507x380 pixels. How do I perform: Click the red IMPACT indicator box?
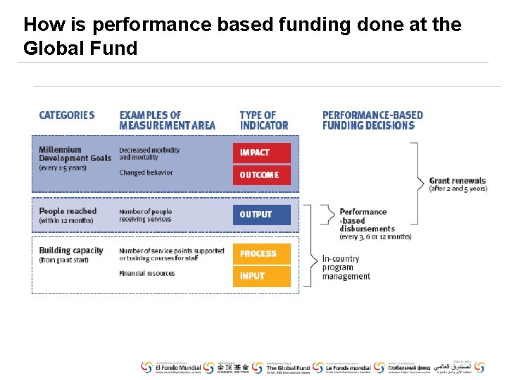261,153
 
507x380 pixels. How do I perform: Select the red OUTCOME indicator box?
261,175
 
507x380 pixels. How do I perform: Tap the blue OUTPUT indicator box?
261,215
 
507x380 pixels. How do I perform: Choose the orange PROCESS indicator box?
261,254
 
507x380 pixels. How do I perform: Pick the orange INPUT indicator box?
261,276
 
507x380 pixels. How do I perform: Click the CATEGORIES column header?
67,115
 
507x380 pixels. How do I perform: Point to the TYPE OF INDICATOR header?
264,120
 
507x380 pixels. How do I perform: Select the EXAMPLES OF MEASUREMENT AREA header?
167,120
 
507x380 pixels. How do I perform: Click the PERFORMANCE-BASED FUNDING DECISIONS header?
373,120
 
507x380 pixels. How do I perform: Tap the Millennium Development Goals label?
75,154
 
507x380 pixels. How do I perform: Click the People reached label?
68,211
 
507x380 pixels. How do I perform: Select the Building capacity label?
71,251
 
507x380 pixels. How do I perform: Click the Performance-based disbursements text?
366,220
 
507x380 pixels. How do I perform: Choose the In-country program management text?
346,267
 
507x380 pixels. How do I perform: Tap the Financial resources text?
146,274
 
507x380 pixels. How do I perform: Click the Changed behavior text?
146,172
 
